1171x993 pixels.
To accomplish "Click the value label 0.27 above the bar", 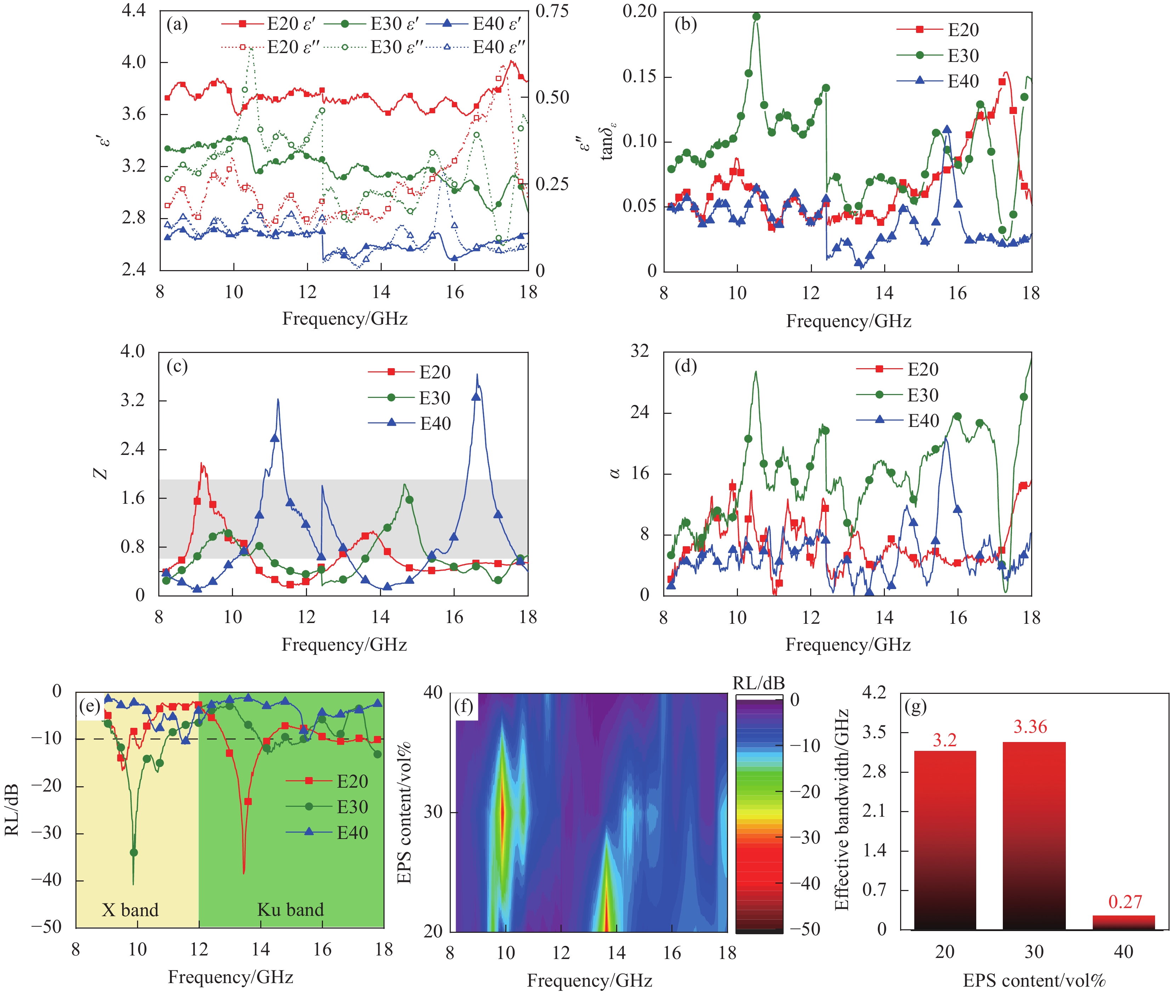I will tap(1125, 902).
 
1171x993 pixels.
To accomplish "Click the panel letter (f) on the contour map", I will tap(465, 705).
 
